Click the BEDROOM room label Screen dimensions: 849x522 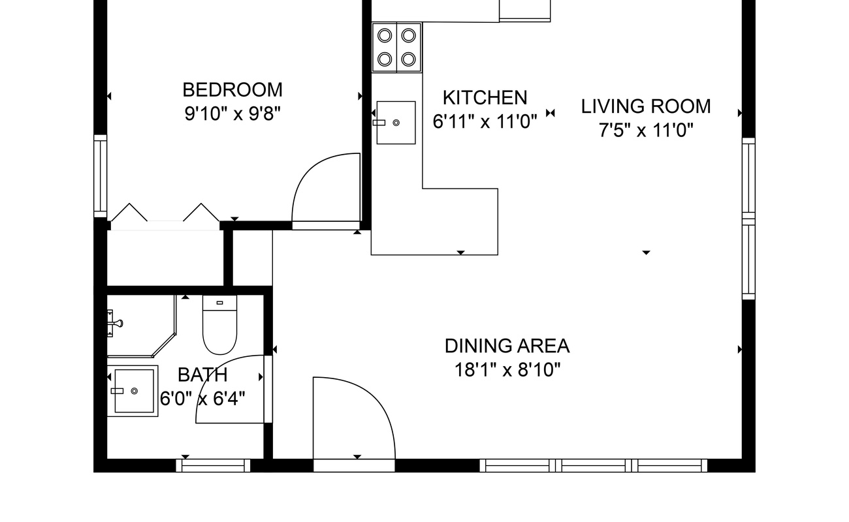pos(232,90)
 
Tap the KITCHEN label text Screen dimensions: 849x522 pos(485,98)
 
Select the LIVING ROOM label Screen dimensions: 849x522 pos(646,106)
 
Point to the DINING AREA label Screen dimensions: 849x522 pos(507,346)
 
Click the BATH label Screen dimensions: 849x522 pos(202,375)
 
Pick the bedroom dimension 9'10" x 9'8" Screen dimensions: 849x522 pos(232,114)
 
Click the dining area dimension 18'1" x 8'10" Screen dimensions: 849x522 pos(507,370)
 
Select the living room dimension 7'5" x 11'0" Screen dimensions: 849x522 pos(646,130)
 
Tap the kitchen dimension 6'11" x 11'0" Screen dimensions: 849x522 pos(485,121)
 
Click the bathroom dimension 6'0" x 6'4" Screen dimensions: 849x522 pos(202,399)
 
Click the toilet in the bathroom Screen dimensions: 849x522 pos(220,325)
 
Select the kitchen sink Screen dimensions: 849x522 pos(396,123)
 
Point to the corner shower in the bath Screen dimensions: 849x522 pos(141,326)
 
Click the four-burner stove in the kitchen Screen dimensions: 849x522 pos(396,48)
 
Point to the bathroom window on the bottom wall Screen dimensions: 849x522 pos(213,465)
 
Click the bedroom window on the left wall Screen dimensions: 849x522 pos(101,176)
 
